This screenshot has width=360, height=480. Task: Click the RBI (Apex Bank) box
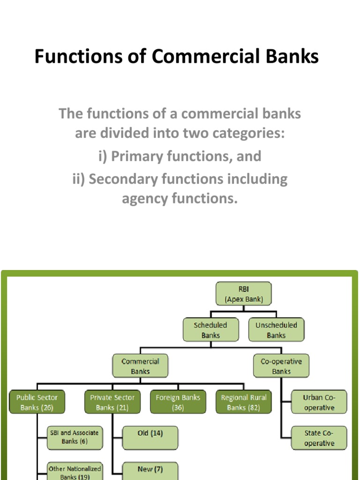pos(244,293)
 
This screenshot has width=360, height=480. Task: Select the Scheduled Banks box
pos(210,330)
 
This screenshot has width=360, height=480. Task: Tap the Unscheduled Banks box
pos(276,330)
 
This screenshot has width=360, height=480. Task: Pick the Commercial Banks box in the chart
pos(140,366)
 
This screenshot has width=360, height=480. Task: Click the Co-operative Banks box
pos(281,366)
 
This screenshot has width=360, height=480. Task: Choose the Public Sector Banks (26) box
pos(37,402)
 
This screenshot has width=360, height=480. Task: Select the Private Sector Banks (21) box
pos(112,402)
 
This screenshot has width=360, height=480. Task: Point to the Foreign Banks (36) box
pos(178,402)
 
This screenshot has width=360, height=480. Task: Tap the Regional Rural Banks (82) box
pos(244,402)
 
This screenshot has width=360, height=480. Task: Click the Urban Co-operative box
pos(319,402)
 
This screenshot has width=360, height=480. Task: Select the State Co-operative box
pos(319,438)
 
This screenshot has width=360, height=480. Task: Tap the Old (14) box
pos(150,437)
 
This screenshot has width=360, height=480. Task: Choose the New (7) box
pos(150,471)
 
